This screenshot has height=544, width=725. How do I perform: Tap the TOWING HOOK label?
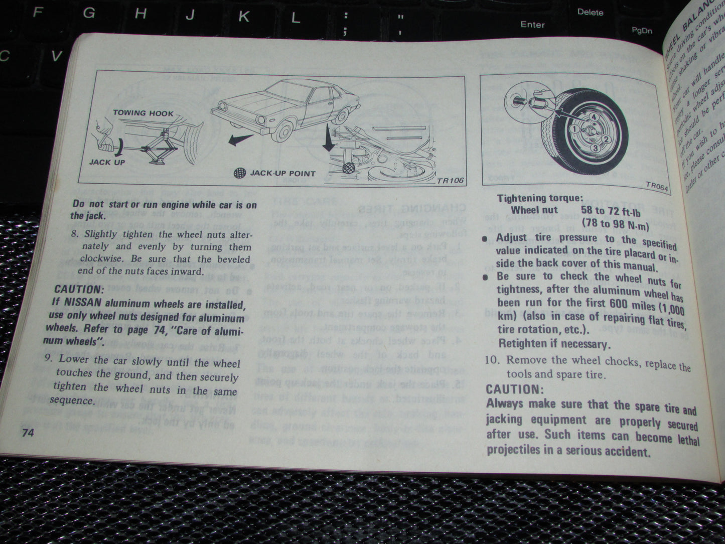(143, 113)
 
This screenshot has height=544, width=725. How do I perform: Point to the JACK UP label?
(107, 163)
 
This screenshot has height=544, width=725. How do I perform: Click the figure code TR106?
(451, 181)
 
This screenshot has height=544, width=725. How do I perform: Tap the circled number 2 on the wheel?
(606, 139)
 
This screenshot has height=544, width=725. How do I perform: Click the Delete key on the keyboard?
(590, 12)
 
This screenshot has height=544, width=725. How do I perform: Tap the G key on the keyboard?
(89, 14)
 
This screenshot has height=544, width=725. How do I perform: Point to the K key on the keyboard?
(244, 17)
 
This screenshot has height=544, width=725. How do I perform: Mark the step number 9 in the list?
(48, 360)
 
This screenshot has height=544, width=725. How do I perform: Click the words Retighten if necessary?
(554, 344)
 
